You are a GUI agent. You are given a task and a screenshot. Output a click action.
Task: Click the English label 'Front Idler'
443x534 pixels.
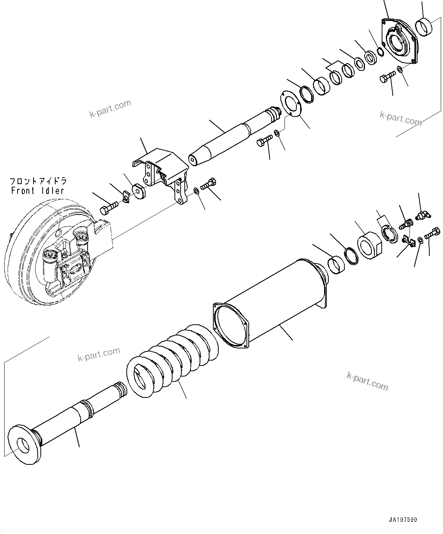pos(37,191)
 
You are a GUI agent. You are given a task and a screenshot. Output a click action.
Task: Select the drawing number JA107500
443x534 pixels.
pos(403,520)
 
